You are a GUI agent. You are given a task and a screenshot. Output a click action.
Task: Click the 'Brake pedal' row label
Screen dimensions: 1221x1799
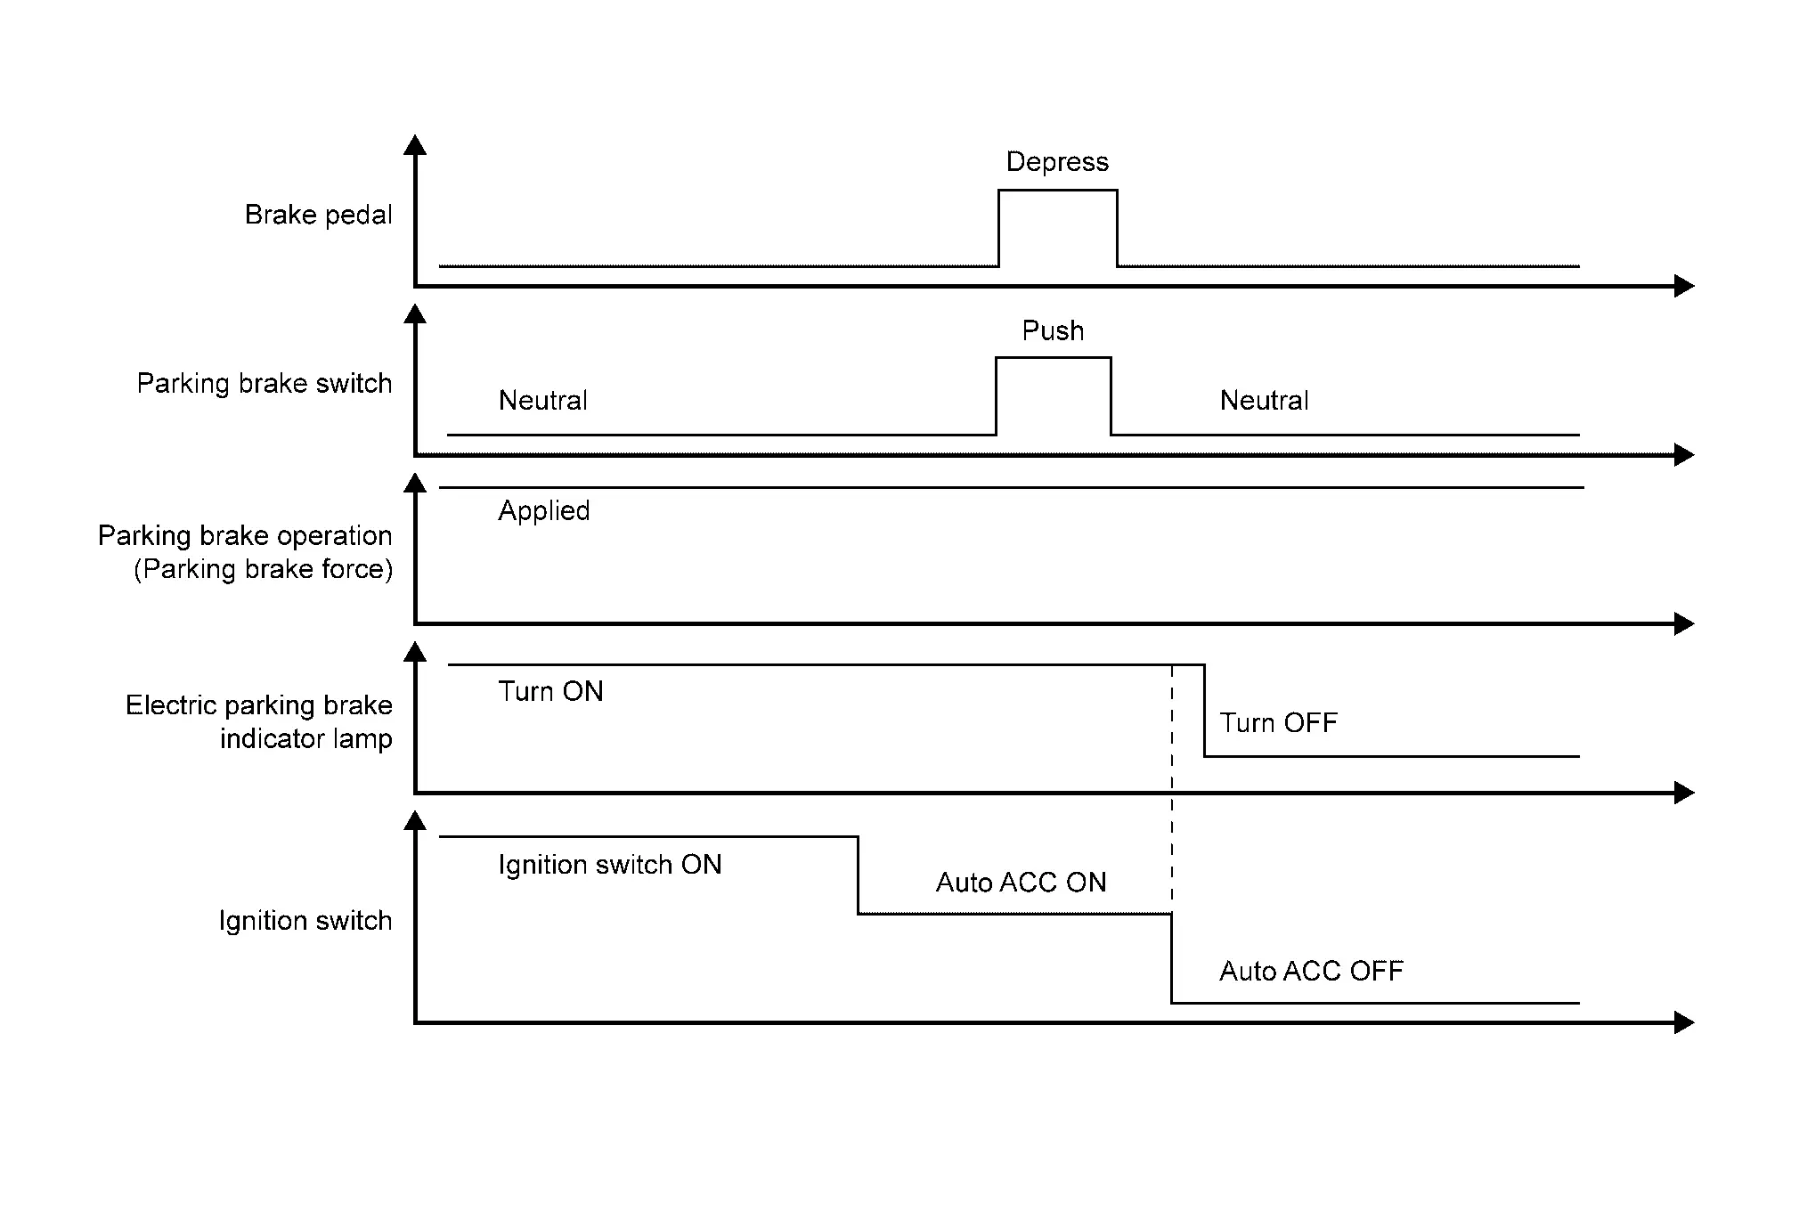pyautogui.click(x=318, y=215)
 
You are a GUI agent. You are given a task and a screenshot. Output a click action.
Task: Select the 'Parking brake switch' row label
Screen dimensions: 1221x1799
pyautogui.click(x=264, y=384)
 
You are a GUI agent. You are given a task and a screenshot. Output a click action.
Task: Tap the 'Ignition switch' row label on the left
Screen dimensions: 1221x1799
pyautogui.click(x=305, y=920)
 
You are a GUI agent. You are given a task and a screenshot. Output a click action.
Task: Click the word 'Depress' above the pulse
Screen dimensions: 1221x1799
pyautogui.click(x=1057, y=162)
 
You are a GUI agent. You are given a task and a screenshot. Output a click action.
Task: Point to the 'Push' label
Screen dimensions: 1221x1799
pyautogui.click(x=1053, y=331)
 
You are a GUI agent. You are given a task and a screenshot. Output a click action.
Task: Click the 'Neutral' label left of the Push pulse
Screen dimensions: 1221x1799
pyautogui.click(x=542, y=401)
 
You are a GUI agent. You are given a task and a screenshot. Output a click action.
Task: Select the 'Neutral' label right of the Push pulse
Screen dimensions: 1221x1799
pyautogui.click(x=1264, y=401)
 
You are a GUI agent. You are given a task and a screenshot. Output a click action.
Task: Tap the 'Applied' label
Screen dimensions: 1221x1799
pyautogui.click(x=543, y=511)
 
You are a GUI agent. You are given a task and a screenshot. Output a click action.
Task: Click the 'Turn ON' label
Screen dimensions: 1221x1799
pyautogui.click(x=550, y=692)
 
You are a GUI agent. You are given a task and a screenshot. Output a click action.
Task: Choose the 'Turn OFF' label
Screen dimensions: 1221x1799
pyautogui.click(x=1278, y=723)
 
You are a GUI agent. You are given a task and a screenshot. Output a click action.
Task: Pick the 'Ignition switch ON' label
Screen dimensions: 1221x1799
pyautogui.click(x=609, y=865)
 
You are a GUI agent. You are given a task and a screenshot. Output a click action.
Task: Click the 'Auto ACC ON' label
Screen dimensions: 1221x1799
pyautogui.click(x=1021, y=883)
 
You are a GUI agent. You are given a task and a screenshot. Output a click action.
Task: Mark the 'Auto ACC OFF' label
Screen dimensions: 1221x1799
pyautogui.click(x=1311, y=971)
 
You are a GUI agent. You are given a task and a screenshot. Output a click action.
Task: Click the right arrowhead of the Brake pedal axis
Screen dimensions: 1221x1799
pyautogui.click(x=1683, y=286)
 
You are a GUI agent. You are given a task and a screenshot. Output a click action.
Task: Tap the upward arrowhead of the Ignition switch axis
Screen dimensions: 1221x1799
pyautogui.click(x=415, y=821)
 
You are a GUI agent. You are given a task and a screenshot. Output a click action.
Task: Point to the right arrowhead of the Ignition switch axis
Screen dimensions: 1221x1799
pyautogui.click(x=1683, y=1022)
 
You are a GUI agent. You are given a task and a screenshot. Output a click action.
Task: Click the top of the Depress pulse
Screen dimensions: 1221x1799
pyautogui.click(x=1057, y=191)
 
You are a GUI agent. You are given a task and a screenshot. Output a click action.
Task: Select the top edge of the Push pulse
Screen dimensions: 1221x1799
pyautogui.click(x=1053, y=358)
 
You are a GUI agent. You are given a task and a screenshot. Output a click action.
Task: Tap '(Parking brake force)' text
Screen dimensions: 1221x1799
pyautogui.click(x=263, y=569)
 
